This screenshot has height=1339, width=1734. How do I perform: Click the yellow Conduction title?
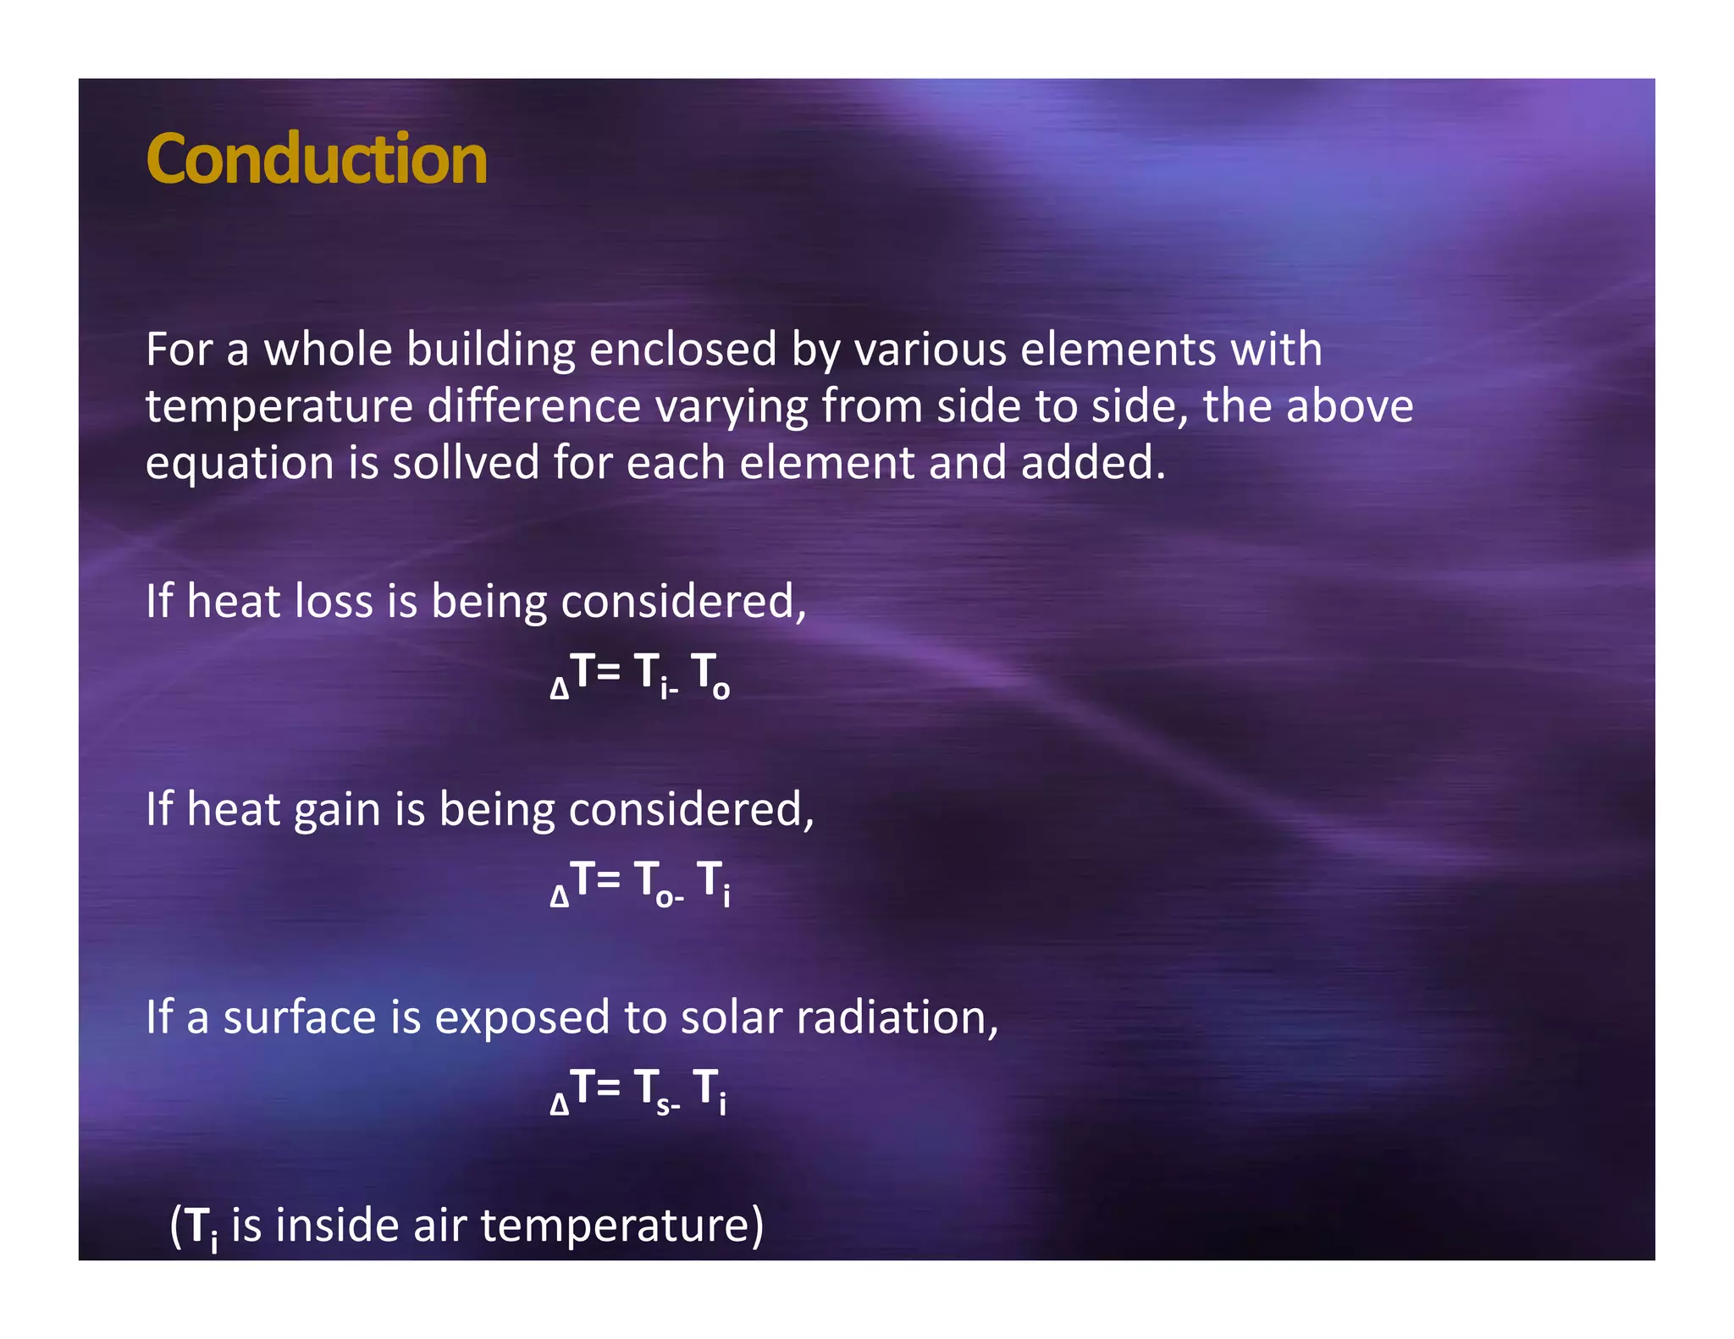316,159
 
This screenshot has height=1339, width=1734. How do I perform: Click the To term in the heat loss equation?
710,675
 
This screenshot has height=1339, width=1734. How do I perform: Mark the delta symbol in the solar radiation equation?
559,1104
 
